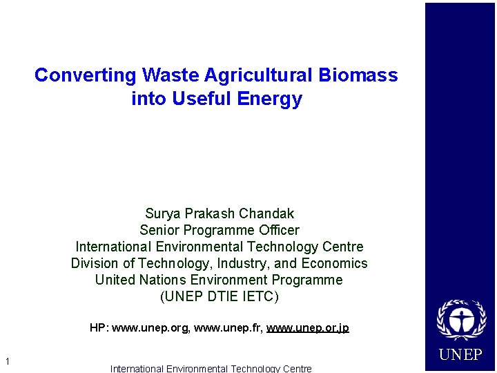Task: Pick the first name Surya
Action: click(163, 213)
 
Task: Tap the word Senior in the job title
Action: click(159, 230)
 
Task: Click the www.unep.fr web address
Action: click(227, 327)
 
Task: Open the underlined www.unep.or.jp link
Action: click(308, 327)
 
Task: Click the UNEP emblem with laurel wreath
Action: click(461, 321)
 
